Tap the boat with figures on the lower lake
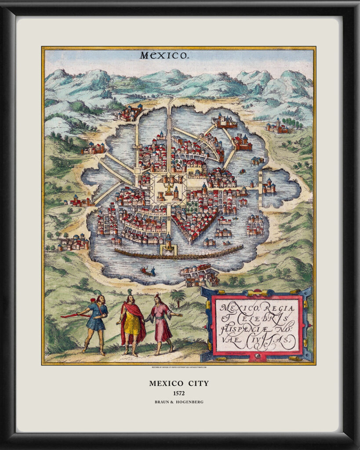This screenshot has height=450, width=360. click(x=147, y=271)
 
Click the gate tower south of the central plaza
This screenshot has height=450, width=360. click(x=168, y=244)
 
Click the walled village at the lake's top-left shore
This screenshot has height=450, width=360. click(x=130, y=113)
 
